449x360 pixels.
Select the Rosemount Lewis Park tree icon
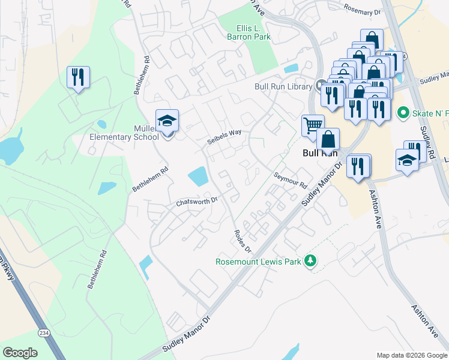[310, 260]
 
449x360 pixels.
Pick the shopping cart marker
[312, 126]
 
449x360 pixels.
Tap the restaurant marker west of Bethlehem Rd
[78, 77]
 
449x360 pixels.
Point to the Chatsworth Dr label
[196, 202]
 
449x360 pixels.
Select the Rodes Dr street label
[243, 241]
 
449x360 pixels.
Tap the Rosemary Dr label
[362, 9]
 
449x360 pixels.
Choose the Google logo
[20, 353]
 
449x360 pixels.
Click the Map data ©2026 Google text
[411, 355]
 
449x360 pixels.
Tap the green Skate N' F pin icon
[403, 112]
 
